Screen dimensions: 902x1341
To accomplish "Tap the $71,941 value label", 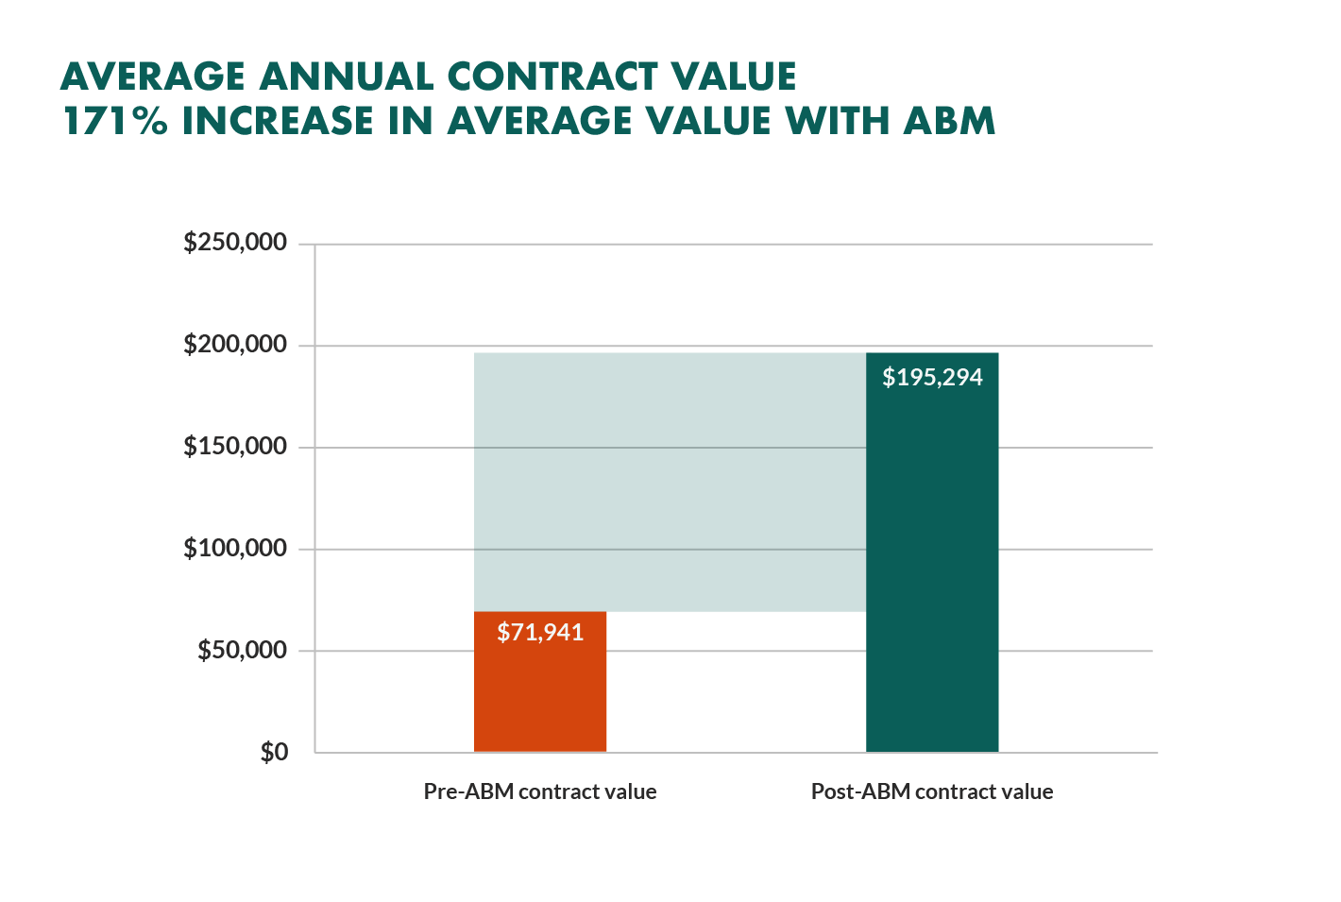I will [x=540, y=632].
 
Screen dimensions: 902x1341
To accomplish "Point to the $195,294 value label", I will [x=932, y=378].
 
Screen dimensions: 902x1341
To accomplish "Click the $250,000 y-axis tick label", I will [x=235, y=243].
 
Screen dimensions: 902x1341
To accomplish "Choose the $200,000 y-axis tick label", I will [x=235, y=345].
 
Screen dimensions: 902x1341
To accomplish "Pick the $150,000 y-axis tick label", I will [x=235, y=446].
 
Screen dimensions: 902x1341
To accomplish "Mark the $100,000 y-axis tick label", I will [x=235, y=548].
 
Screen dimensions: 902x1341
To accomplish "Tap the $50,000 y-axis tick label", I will [x=242, y=650].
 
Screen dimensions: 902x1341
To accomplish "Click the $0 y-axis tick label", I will [x=274, y=753].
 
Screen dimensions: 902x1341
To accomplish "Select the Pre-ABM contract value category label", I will [x=539, y=791].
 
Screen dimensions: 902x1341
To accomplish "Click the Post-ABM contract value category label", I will [x=931, y=791].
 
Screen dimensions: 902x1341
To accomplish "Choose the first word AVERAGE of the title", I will [x=152, y=77].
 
